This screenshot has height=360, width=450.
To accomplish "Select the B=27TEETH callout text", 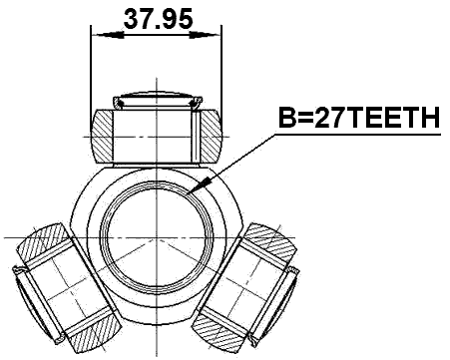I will (x=358, y=120).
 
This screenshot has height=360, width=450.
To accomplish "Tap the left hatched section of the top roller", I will (x=104, y=134).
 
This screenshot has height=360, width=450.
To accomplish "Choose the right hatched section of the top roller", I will (x=212, y=134).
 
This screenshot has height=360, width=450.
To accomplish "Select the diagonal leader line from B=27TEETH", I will (x=244, y=160).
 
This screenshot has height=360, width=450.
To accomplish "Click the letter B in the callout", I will (x=286, y=120).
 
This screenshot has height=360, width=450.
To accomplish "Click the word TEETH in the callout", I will (x=393, y=120).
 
